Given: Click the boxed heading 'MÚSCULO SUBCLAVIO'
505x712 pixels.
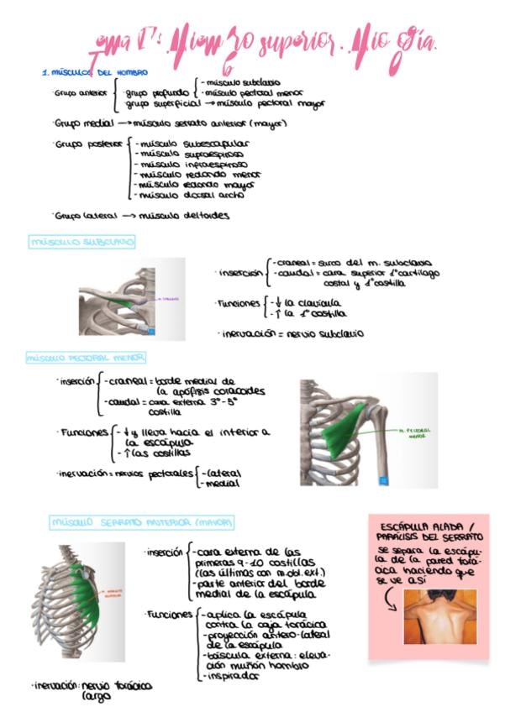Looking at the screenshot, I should tap(82, 243).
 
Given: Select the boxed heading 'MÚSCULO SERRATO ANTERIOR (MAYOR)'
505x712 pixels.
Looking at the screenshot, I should tap(141, 522).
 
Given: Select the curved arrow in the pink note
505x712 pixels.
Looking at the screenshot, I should tap(391, 599).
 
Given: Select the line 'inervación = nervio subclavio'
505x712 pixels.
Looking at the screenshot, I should tap(291, 333).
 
